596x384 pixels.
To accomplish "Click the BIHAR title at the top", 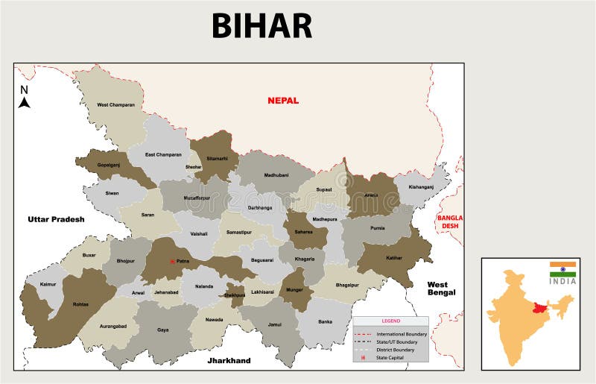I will point(261,25).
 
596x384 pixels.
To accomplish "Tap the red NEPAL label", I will point(283,101).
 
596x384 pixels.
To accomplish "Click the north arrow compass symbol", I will point(24,98).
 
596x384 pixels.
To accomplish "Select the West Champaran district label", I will point(115,105).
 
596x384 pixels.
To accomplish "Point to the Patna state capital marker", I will point(172,261).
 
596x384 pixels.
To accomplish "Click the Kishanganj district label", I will point(421,186).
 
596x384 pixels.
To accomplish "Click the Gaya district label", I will point(162,329).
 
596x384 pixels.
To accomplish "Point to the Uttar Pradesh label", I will point(56,219).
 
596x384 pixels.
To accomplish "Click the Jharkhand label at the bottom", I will point(229,361).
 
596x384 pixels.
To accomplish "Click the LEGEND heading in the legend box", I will point(391,321).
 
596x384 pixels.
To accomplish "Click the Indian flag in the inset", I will point(563,267).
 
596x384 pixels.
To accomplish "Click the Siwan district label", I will point(112,193).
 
